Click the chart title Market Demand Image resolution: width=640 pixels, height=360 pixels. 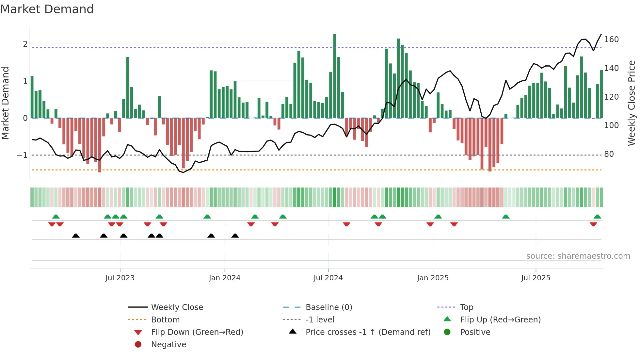(47, 9)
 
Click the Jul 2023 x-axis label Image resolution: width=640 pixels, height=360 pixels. (120, 278)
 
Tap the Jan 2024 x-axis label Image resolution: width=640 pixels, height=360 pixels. (225, 278)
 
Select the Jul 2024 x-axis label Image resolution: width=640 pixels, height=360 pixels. (328, 278)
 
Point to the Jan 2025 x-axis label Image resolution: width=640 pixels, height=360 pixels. (433, 278)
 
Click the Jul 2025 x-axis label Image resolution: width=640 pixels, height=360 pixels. (536, 278)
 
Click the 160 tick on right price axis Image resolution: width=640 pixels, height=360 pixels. (611, 40)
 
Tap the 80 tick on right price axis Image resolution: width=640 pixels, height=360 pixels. (609, 154)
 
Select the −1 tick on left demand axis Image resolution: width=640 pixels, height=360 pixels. (23, 155)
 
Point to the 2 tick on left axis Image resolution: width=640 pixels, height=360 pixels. (25, 44)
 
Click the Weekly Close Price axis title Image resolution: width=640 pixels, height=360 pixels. (632, 103)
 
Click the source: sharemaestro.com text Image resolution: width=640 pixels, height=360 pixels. (578, 256)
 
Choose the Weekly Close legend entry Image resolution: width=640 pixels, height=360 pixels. (177, 307)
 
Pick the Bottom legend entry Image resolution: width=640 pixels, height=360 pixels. (165, 320)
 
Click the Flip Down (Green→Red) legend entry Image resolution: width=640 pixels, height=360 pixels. (197, 332)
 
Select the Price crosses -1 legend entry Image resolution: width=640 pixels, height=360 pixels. (368, 332)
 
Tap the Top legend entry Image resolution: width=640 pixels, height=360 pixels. (467, 307)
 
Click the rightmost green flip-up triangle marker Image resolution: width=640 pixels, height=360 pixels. (597, 217)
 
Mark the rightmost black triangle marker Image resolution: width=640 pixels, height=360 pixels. (235, 236)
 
